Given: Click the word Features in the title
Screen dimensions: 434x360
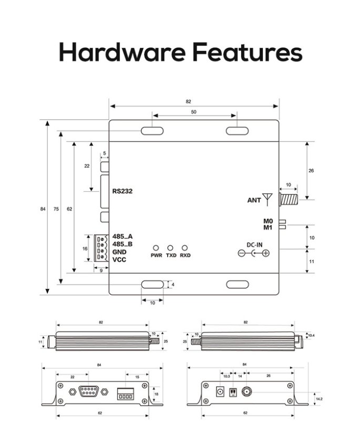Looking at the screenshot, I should click(x=245, y=53).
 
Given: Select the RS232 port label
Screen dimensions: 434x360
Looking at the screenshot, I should click(x=122, y=191).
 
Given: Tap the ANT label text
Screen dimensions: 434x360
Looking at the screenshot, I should click(x=254, y=200).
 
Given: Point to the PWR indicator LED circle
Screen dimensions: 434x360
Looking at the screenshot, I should click(x=156, y=247).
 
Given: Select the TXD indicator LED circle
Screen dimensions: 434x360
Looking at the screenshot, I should click(x=170, y=247).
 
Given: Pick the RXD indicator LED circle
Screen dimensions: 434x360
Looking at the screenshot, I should click(x=184, y=247).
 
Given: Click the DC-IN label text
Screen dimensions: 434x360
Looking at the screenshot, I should click(x=254, y=244).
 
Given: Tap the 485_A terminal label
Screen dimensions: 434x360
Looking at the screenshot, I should click(x=122, y=236).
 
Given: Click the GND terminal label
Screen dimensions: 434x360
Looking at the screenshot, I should click(x=119, y=252).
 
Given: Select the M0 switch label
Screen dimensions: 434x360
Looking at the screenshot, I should click(x=268, y=221).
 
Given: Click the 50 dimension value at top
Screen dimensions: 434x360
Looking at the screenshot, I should click(x=194, y=112).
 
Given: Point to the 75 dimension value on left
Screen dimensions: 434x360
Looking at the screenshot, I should click(x=56, y=209).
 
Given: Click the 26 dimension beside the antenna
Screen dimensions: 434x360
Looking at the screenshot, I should click(x=311, y=171).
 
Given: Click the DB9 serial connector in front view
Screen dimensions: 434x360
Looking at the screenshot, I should click(x=88, y=390).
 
